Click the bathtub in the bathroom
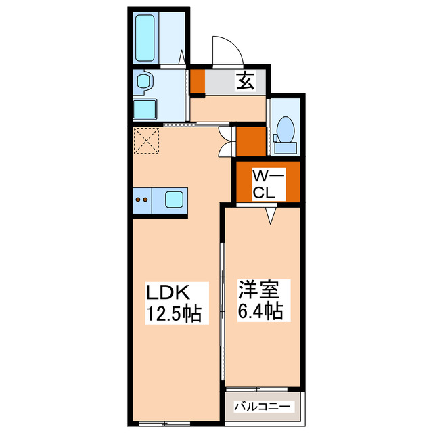[145, 37]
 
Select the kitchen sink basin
[173, 199]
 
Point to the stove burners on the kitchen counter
[142, 200]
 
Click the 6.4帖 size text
[260, 312]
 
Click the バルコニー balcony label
[263, 407]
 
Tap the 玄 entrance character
[244, 81]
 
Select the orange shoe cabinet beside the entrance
[196, 81]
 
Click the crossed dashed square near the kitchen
[146, 140]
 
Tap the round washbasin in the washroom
[142, 82]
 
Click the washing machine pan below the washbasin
[145, 109]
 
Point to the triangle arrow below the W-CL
[271, 215]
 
